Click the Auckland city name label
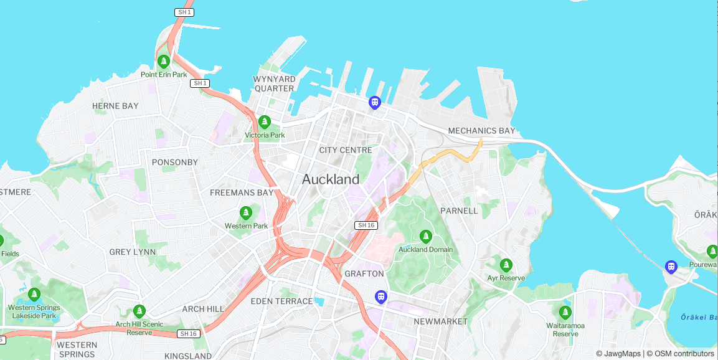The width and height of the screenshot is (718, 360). pos(331,179)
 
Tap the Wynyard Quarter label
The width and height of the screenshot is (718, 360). pos(274,83)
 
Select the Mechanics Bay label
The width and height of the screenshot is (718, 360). pos(481,131)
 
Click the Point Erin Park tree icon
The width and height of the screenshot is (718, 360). pos(164,62)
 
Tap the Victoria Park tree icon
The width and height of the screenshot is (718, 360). pos(265,122)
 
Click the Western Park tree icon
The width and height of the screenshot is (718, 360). pos(246,213)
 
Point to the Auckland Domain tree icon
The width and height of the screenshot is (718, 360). pos(426,237)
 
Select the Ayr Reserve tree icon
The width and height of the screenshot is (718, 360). pos(506,265)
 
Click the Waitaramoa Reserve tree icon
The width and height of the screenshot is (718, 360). pos(565,313)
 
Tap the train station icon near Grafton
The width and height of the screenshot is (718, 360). pos(381,297)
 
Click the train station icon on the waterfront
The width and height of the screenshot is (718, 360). pos(374,102)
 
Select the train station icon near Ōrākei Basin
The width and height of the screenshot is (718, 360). pos(671,267)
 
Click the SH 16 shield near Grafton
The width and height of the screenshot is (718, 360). pos(366,225)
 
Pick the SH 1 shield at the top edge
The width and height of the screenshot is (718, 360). pos(184,12)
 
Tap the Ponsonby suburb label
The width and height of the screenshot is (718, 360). pos(175,163)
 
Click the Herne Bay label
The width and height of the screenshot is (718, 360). pos(115,106)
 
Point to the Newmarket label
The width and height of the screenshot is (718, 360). pos(440,321)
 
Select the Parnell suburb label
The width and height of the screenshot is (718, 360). pos(459,211)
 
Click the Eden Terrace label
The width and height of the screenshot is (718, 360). pos(281,301)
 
